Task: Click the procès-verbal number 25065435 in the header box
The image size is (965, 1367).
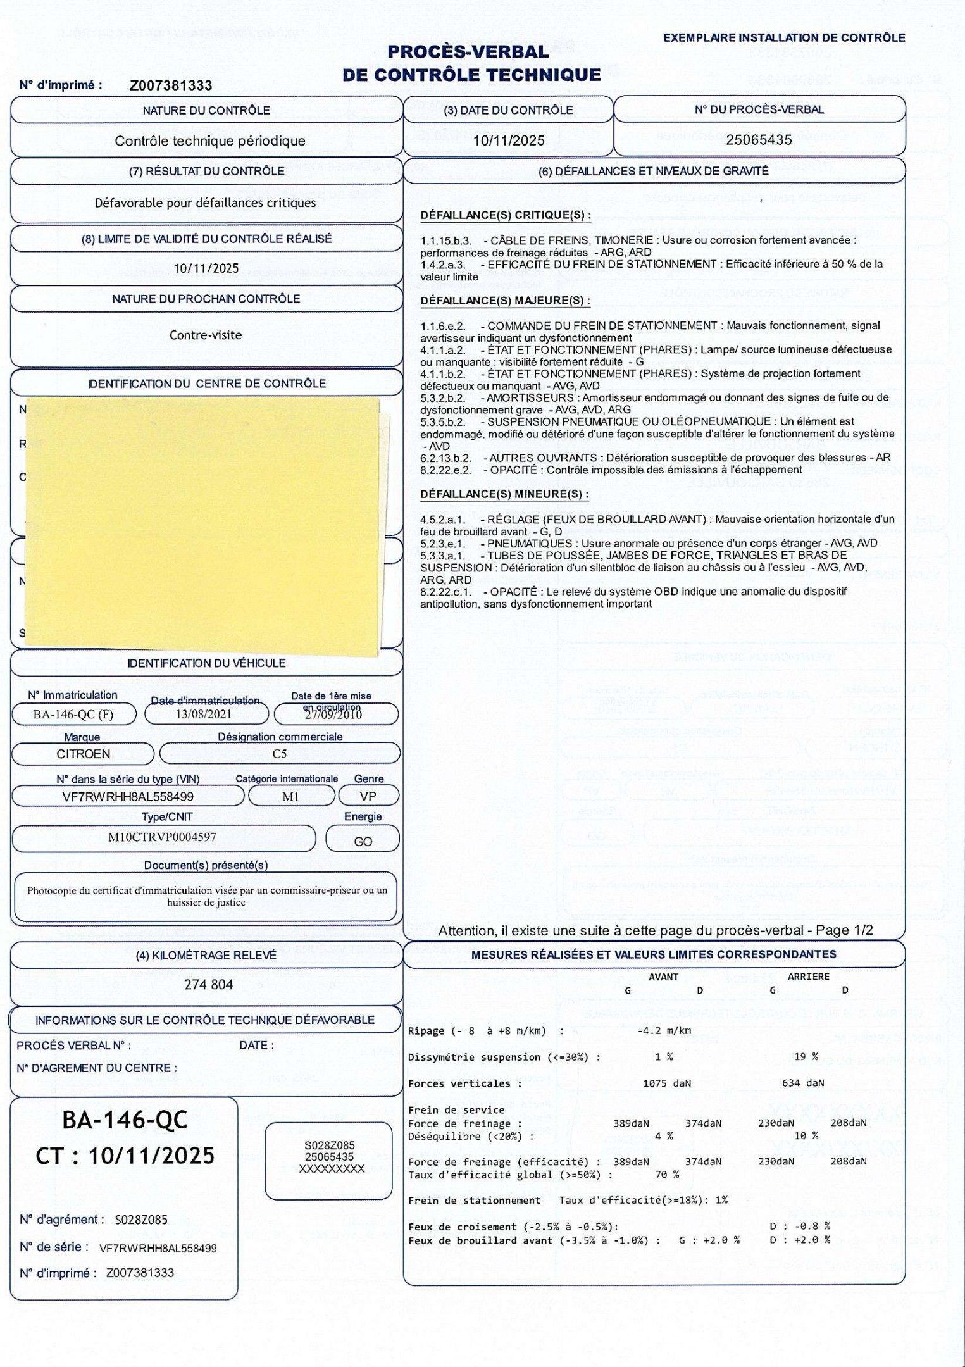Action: click(x=759, y=140)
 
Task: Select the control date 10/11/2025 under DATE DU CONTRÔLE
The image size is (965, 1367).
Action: click(x=509, y=140)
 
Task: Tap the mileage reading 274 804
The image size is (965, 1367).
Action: click(x=208, y=985)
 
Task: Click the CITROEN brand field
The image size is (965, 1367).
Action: click(x=83, y=754)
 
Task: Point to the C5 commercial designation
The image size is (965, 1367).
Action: click(x=279, y=754)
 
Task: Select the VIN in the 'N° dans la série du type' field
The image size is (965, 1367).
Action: click(x=128, y=797)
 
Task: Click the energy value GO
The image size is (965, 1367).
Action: click(x=363, y=841)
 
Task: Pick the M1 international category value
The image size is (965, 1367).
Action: click(x=290, y=797)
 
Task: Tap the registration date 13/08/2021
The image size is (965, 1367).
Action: click(x=204, y=715)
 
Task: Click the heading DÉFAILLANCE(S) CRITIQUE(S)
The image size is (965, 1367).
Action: click(x=506, y=215)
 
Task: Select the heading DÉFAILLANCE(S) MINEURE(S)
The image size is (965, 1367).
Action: click(x=504, y=494)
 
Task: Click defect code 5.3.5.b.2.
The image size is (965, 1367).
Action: click(x=443, y=421)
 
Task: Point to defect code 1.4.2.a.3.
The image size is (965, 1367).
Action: click(x=443, y=264)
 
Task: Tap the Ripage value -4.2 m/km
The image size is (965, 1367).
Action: click(x=664, y=1031)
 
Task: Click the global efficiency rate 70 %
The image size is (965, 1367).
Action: click(x=667, y=1175)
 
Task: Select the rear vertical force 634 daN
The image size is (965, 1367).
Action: click(x=802, y=1083)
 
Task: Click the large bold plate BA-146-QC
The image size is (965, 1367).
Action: click(x=125, y=1120)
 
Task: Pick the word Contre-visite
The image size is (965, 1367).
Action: click(x=206, y=335)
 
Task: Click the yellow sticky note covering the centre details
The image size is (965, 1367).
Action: click(x=202, y=525)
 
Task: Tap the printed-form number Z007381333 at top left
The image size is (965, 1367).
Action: click(x=171, y=85)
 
